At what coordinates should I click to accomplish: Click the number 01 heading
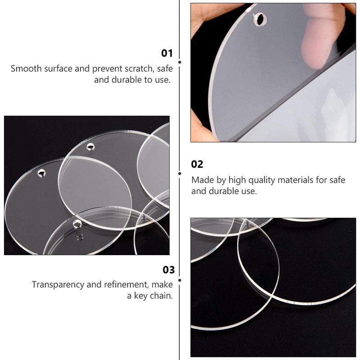click(x=167, y=53)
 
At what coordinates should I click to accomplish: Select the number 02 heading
click(x=197, y=164)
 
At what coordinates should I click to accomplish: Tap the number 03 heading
click(x=168, y=270)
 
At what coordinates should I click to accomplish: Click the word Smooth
click(x=26, y=69)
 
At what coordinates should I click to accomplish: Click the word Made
click(x=202, y=180)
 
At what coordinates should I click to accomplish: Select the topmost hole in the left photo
click(x=91, y=146)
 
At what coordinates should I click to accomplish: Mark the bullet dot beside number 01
click(x=180, y=62)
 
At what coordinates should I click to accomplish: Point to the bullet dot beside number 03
click(x=180, y=279)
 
